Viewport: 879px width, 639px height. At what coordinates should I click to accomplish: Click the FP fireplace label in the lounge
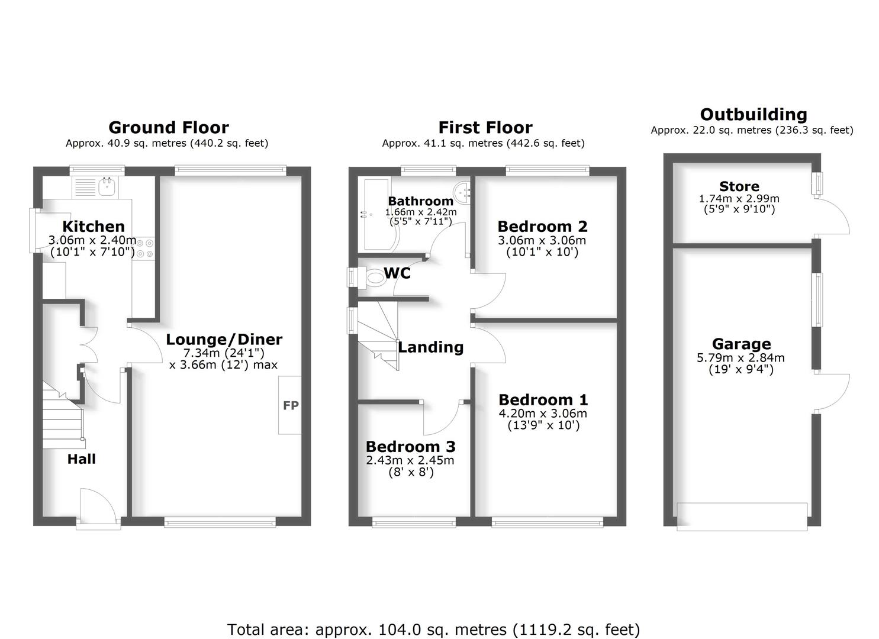click(291, 405)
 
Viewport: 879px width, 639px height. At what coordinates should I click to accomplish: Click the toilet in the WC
click(374, 276)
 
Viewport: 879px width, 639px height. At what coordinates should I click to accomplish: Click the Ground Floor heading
click(168, 127)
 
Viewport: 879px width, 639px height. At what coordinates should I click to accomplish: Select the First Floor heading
click(485, 127)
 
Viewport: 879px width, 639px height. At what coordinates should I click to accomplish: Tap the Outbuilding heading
click(753, 114)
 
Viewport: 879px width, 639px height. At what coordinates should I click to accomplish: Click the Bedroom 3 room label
click(410, 447)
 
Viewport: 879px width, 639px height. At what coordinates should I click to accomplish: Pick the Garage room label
click(741, 344)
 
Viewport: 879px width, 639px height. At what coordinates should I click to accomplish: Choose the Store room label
click(739, 186)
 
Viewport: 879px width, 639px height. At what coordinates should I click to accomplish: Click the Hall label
click(81, 459)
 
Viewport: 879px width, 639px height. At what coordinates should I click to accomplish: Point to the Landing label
click(430, 347)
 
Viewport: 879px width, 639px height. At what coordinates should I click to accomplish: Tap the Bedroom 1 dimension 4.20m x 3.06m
click(543, 413)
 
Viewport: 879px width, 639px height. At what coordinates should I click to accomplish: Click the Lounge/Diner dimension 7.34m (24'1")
click(224, 353)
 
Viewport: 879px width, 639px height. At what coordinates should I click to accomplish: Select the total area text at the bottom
click(433, 630)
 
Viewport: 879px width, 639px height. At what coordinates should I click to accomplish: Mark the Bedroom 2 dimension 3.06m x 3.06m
click(542, 240)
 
